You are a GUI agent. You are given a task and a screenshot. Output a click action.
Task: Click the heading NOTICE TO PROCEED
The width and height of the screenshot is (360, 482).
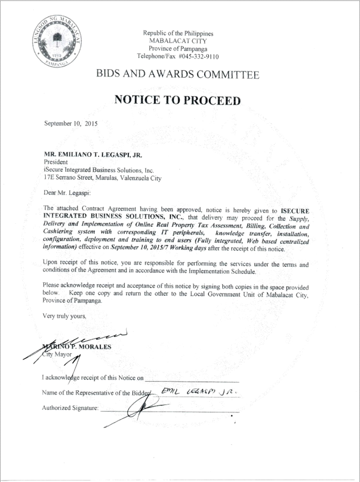pyautogui.click(x=178, y=101)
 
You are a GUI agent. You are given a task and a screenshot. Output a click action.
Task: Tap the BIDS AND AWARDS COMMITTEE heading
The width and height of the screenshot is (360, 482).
pyautogui.click(x=178, y=74)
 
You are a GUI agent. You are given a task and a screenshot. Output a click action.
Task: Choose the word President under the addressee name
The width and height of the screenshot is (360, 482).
pyautogui.click(x=56, y=162)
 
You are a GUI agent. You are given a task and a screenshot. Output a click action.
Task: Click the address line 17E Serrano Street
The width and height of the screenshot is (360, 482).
pyautogui.click(x=102, y=178)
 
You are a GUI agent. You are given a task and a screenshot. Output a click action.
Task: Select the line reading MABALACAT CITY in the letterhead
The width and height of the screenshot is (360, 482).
pyautogui.click(x=178, y=41)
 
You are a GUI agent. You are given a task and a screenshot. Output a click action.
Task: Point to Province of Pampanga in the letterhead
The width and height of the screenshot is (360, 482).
pyautogui.click(x=178, y=49)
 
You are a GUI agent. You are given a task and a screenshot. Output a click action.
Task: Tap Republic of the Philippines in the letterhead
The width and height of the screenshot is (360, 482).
pyautogui.click(x=178, y=33)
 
